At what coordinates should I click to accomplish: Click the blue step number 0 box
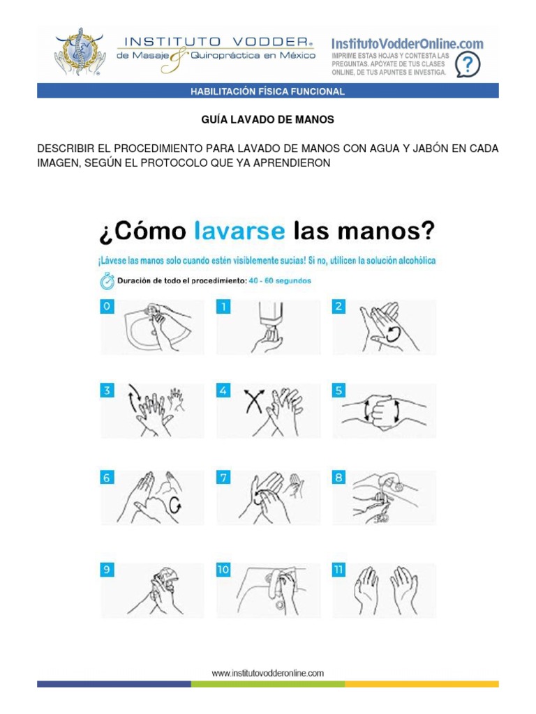107,307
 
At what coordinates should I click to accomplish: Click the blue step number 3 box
107,391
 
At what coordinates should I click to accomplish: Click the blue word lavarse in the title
239,231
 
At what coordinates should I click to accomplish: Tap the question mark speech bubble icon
467,65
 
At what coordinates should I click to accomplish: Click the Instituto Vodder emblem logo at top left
80,53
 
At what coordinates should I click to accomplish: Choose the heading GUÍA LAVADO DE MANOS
267,120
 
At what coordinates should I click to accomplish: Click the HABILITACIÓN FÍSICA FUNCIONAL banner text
268,91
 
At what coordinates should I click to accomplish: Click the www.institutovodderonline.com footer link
268,673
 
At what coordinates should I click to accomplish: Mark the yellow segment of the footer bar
422,684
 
